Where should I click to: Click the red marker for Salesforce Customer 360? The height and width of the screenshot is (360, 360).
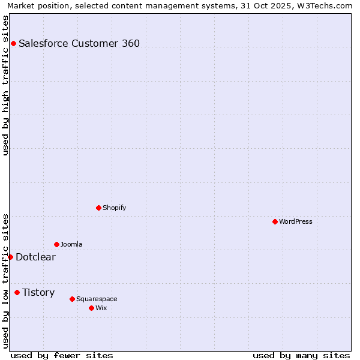(x=13, y=43)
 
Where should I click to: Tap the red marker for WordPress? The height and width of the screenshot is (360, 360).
(x=275, y=221)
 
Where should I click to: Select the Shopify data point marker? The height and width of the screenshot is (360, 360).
(x=98, y=208)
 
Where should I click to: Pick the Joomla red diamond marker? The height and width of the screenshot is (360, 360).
(x=56, y=244)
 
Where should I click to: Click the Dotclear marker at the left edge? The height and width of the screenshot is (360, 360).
(x=10, y=257)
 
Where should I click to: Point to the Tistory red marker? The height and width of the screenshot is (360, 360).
(x=17, y=292)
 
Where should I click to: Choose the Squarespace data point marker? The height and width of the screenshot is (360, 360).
(x=72, y=299)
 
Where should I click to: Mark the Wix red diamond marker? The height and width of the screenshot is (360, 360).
(x=91, y=308)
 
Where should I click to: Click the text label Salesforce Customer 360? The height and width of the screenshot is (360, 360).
(x=79, y=43)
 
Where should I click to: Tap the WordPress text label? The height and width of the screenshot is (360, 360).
(x=296, y=221)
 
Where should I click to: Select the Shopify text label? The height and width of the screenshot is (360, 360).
(x=114, y=208)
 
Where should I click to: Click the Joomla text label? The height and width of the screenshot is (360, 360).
(x=71, y=244)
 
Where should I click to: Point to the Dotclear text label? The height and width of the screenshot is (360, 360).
(x=35, y=257)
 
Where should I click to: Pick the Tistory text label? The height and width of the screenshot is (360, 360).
(x=38, y=292)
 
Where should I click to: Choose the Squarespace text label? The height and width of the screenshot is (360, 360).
(x=97, y=299)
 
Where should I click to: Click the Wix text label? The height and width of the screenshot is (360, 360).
(x=101, y=308)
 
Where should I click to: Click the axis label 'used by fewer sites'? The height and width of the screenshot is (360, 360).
(x=62, y=355)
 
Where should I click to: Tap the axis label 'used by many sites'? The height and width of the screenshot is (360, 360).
(x=301, y=355)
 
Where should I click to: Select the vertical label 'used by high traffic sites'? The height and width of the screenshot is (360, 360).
(x=5, y=85)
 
